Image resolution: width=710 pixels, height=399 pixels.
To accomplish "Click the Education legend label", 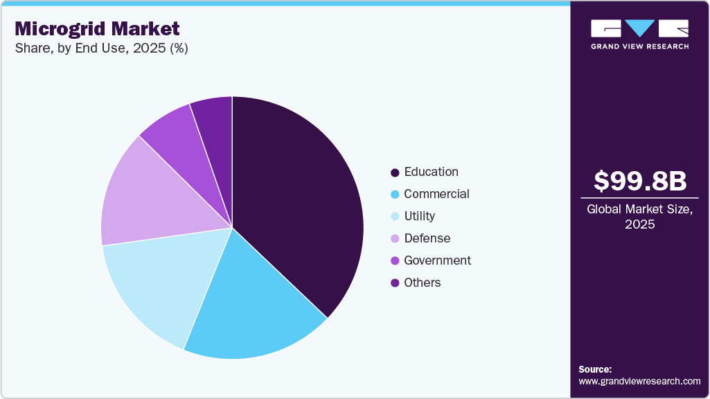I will click(x=431, y=172).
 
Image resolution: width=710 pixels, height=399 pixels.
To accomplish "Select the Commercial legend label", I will click(x=436, y=194).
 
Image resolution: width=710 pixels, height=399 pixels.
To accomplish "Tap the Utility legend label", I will click(x=419, y=216).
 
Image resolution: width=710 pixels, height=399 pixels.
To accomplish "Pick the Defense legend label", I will click(x=427, y=238).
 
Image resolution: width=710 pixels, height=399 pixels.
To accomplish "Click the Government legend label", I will click(x=437, y=260).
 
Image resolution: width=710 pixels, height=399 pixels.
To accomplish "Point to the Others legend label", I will click(x=422, y=283).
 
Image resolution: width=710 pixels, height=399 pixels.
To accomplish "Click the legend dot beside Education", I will click(x=395, y=172).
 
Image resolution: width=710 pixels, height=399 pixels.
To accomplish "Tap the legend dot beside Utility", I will click(x=395, y=217).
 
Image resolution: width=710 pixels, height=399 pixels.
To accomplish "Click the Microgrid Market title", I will click(x=97, y=28).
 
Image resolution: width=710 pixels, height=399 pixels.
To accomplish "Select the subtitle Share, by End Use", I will click(x=101, y=48).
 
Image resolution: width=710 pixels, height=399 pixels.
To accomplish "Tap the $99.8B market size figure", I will click(x=640, y=181).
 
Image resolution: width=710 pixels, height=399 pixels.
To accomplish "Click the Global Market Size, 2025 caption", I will click(x=640, y=216).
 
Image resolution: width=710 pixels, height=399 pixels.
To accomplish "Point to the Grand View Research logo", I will click(x=639, y=33).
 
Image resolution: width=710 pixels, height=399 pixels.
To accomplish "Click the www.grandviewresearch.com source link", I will click(x=639, y=381).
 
